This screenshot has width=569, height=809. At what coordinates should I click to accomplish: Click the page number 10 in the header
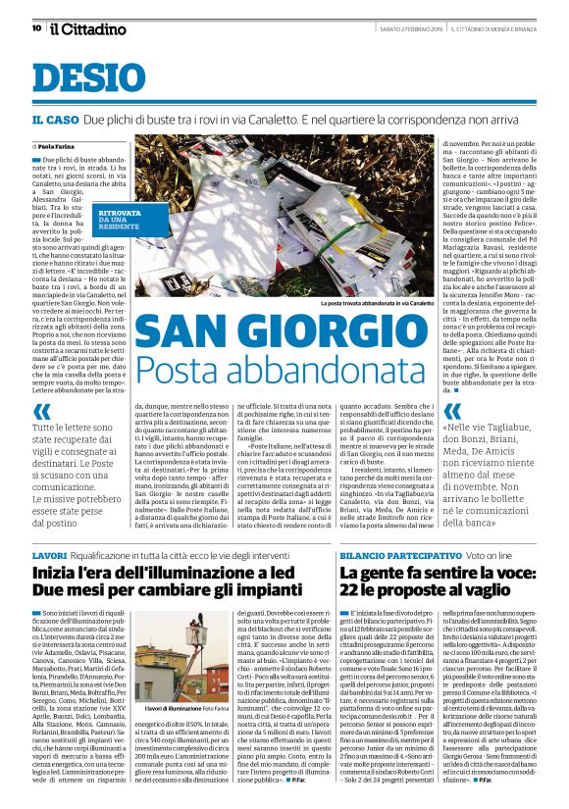[23, 28]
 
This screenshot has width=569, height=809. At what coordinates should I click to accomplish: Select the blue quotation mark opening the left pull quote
[41, 413]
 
